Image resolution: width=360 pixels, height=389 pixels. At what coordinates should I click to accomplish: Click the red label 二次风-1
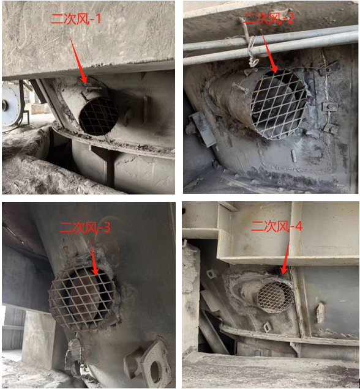tap(76, 18)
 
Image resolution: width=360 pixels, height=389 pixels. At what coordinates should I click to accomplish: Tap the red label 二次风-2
tap(269, 18)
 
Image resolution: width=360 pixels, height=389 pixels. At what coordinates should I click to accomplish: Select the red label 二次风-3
tap(85, 227)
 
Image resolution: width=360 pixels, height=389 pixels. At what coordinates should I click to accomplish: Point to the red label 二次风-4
tap(277, 226)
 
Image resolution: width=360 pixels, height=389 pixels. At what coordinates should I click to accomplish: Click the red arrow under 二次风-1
tap(78, 59)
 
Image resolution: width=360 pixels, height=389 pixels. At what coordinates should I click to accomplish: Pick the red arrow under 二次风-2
tap(269, 51)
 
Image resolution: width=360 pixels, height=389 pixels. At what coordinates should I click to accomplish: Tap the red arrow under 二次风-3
tap(94, 259)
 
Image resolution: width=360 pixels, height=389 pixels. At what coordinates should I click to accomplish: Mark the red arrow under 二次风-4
tap(285, 257)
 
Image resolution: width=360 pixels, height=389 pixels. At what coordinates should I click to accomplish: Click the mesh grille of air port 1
tap(99, 116)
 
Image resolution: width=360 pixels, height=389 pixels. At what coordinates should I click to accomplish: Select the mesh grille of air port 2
tap(278, 104)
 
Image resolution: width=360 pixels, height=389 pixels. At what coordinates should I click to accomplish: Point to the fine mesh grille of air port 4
tap(275, 297)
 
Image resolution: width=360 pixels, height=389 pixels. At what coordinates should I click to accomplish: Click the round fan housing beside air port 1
tap(11, 105)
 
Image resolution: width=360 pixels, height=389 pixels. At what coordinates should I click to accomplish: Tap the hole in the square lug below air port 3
tap(154, 371)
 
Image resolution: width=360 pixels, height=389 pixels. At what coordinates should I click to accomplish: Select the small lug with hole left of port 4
tap(211, 273)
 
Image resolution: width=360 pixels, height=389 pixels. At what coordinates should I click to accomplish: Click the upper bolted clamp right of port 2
tap(329, 68)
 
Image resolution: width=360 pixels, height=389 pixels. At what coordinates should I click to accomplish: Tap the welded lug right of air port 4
tap(320, 313)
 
